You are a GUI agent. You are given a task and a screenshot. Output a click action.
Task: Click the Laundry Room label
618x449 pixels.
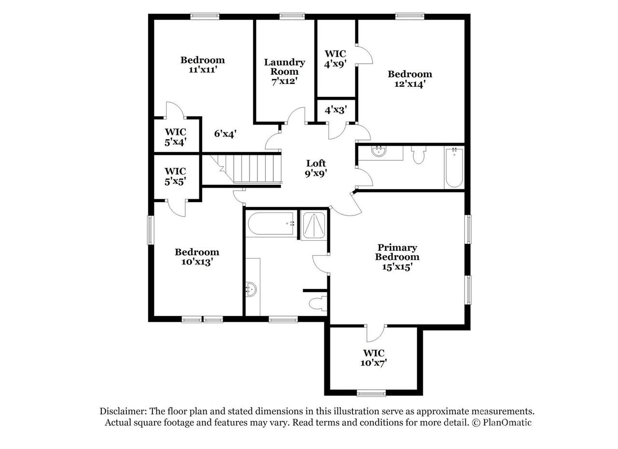284,67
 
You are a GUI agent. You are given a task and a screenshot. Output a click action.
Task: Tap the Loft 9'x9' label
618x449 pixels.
316,168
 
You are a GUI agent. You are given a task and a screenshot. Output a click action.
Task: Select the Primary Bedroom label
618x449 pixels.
397,252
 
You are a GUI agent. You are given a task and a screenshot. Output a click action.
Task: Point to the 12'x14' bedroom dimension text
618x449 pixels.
409,84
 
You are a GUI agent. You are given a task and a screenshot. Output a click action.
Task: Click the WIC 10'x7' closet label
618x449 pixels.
374,358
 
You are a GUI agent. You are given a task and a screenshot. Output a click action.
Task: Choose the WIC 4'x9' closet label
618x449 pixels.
335,59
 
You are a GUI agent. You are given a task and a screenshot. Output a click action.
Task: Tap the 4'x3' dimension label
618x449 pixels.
336,110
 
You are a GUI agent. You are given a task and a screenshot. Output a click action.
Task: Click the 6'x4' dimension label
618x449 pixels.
225,134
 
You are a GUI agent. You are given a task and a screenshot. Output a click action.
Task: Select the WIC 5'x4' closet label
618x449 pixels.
175,137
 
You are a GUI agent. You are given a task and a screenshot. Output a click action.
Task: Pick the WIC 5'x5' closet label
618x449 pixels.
175,177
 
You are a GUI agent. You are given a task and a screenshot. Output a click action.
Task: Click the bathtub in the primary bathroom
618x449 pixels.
272,223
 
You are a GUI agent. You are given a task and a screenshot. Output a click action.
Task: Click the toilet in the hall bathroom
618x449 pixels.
419,155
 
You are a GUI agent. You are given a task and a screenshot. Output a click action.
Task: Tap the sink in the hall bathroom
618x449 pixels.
379,151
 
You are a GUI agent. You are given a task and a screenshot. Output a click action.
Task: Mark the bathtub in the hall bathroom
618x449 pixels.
454,167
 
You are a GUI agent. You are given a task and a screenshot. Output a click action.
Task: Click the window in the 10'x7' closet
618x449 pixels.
371,393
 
